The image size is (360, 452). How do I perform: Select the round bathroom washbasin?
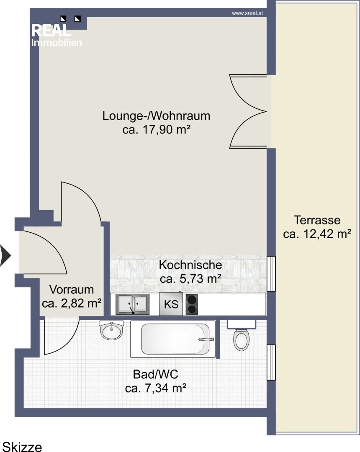coord(111,330)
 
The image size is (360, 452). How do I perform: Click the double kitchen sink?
coord(133,304)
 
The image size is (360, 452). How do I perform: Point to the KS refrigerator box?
coord(171,304)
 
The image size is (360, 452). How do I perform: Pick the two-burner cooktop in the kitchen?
coord(192,304)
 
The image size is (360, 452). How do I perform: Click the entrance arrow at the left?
coord(5,255)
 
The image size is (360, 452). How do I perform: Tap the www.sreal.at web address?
coord(247,13)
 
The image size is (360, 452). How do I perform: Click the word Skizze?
coord(22,447)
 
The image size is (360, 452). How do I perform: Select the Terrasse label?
coord(317,220)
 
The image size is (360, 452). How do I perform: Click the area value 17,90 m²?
coord(166,130)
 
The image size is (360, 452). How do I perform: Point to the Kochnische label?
coord(190,265)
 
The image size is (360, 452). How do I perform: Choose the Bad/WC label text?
coord(156,375)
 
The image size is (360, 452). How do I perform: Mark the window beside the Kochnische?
coord(271,274)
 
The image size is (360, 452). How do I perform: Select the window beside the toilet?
coord(271,362)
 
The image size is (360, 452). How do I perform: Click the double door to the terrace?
coord(248,111)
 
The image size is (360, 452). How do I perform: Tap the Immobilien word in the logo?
coord(57,43)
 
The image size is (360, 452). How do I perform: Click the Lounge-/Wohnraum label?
coord(156,116)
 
